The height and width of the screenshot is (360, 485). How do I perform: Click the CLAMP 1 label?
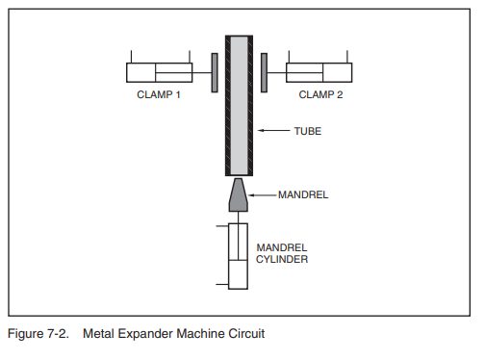click(x=159, y=94)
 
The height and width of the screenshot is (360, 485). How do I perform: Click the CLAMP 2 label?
click(x=320, y=94)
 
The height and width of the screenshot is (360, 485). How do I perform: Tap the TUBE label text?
click(x=308, y=130)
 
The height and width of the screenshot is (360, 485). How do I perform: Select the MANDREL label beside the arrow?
click(x=304, y=194)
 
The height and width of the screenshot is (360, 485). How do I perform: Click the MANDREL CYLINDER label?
click(x=281, y=253)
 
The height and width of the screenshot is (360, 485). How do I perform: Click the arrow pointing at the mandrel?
click(x=263, y=194)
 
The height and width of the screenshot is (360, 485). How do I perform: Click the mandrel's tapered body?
click(x=239, y=195)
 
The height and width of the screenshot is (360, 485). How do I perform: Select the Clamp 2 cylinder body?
click(x=319, y=72)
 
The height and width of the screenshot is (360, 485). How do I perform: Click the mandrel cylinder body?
click(x=237, y=256)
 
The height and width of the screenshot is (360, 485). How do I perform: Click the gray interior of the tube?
click(x=239, y=106)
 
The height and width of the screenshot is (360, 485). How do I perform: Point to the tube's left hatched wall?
click(x=228, y=106)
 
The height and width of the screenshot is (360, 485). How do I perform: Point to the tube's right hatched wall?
click(x=250, y=106)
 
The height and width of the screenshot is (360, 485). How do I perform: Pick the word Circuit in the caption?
click(x=244, y=334)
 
